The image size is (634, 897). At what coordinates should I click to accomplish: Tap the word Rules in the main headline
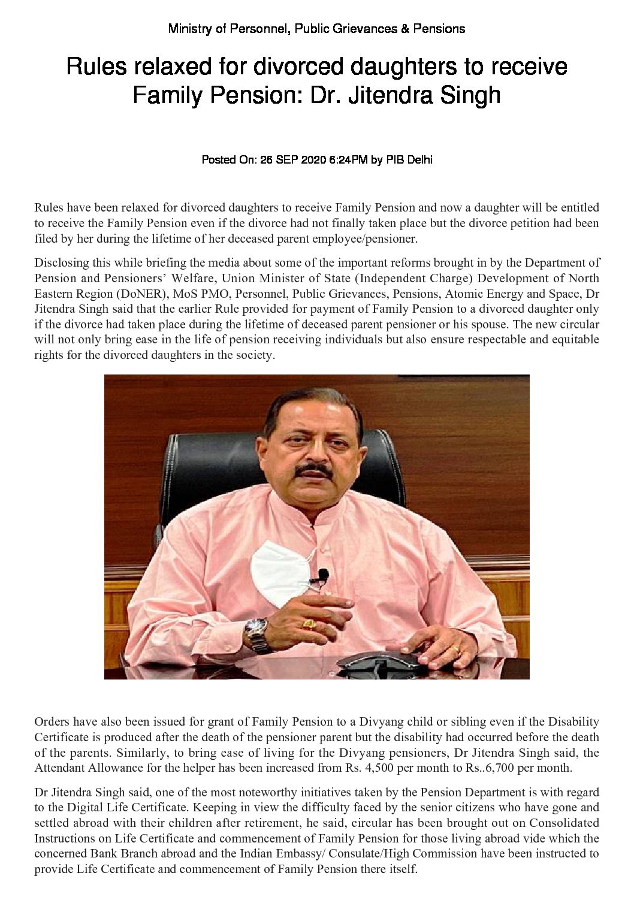(92, 67)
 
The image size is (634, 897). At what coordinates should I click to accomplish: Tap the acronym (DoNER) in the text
(129, 293)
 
